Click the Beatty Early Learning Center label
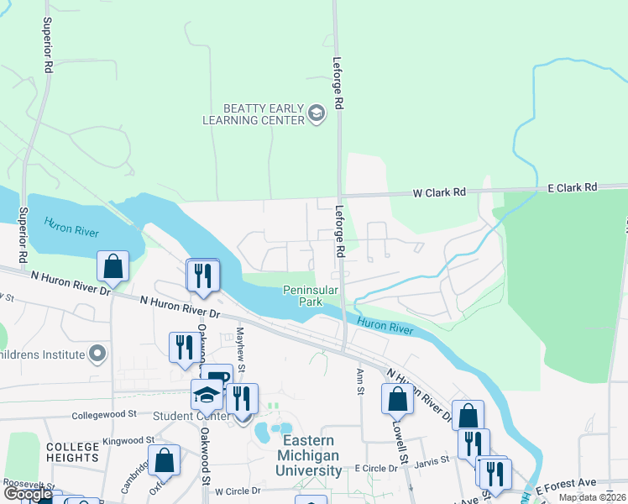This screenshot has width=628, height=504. point(252,114)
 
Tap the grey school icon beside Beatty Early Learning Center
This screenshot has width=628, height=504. point(317,113)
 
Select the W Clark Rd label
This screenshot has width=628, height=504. point(438,192)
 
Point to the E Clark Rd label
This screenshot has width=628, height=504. point(572,186)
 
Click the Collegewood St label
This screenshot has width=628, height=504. point(104,415)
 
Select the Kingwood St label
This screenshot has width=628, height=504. point(128,440)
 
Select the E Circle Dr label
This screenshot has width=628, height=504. point(379,468)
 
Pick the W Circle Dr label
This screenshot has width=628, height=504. point(238,491)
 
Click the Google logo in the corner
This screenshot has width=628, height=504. point(28,495)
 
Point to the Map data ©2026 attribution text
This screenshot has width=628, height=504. point(592,497)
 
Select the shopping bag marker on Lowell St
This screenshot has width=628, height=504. point(397,399)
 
